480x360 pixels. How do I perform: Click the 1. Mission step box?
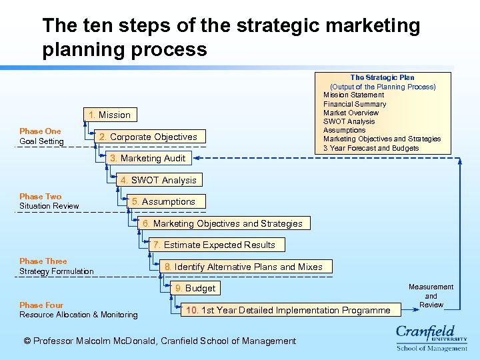click(109, 115)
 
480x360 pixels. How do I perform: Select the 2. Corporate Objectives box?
click(147, 137)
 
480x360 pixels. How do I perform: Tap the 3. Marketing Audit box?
click(147, 158)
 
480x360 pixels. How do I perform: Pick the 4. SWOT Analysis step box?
click(158, 180)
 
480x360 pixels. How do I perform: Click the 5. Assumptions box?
click(163, 201)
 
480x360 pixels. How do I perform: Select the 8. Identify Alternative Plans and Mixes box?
click(243, 267)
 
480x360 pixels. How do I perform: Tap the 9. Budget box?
click(195, 288)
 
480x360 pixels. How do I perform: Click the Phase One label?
click(40, 131)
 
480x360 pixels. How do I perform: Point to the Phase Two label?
click(40, 197)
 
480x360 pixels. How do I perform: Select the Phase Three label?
click(43, 261)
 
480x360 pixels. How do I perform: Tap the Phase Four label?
click(41, 305)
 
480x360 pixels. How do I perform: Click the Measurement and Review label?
click(431, 295)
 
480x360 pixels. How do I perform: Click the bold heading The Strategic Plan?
click(382, 77)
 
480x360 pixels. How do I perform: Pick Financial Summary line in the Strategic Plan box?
click(355, 104)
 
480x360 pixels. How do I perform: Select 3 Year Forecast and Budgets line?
click(371, 148)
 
